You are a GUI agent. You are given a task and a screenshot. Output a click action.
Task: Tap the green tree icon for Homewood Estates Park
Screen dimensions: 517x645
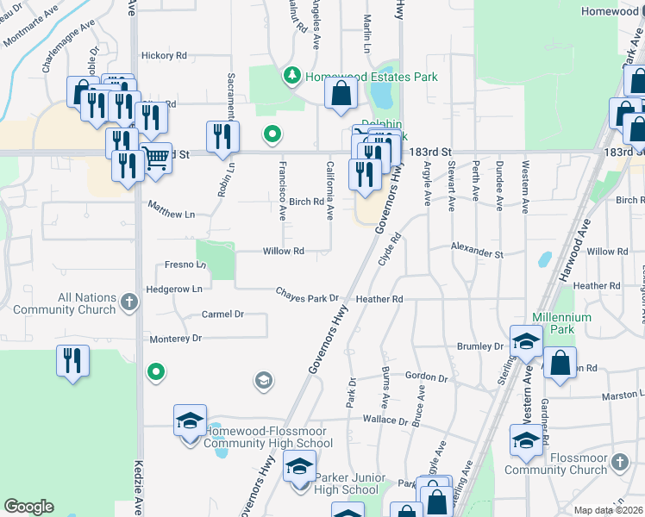293,77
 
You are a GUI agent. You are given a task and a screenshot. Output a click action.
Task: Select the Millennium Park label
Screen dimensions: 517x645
562,323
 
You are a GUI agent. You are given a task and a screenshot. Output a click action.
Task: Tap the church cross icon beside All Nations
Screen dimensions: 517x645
128,302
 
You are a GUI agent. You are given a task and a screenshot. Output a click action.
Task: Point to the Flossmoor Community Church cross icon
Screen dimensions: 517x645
618,464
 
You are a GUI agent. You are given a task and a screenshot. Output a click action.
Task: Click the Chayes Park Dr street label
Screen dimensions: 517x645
307,297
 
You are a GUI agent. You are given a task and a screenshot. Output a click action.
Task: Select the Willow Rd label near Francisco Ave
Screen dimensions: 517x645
284,252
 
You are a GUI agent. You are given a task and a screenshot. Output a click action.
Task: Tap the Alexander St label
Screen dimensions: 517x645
476,254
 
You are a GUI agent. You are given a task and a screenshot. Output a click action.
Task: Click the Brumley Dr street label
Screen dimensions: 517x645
480,346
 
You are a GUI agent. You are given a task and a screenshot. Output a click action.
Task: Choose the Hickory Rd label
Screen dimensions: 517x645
164,56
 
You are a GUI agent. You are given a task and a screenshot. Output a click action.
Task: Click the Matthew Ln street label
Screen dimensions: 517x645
172,209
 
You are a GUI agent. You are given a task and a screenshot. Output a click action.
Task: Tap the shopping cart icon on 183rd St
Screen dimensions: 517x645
156,158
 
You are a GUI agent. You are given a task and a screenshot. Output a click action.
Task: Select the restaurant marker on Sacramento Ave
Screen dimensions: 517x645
222,137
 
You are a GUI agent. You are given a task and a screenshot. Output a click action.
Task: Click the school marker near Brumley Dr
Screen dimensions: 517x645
526,342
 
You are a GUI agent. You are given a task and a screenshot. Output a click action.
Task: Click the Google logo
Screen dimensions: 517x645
28,507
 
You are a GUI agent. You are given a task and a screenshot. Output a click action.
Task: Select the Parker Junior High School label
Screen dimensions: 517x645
347,483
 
